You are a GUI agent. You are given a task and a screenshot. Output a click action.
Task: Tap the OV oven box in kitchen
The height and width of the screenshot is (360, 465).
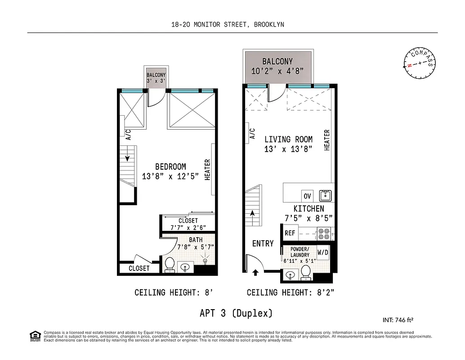tap(308, 196)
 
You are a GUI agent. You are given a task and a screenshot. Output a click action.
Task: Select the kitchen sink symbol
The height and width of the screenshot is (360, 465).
tap(325, 196)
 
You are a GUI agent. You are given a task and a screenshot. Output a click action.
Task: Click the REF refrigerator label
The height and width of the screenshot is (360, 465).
tap(290, 233)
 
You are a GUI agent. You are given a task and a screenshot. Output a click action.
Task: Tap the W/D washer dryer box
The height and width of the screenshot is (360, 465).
tap(323, 252)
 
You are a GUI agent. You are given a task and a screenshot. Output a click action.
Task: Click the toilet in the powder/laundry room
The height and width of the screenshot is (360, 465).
tap(306, 271)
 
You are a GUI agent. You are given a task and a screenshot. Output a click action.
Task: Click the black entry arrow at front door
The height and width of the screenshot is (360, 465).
tap(255, 272)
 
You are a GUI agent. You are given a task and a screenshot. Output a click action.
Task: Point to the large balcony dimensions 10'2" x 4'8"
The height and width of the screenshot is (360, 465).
tap(277, 71)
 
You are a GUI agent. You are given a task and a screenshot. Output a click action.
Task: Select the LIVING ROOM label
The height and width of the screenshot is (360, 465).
tap(288, 139)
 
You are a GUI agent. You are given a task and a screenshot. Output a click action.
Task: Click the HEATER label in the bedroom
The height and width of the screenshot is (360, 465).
tap(208, 170)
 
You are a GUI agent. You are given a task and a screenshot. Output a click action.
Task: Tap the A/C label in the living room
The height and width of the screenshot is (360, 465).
tap(252, 134)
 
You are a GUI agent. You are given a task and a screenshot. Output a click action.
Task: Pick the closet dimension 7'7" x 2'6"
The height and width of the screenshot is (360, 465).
tap(188, 227)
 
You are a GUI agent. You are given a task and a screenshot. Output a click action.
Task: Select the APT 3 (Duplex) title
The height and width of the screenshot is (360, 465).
tap(236, 312)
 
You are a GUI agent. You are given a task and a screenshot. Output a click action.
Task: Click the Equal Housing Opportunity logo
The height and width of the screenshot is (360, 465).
tap(34, 335)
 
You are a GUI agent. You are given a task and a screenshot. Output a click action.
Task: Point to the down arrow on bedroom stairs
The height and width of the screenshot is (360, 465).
tap(128, 157)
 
